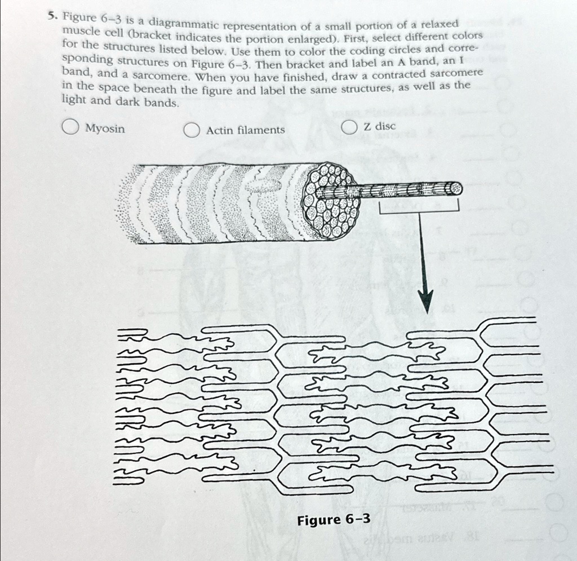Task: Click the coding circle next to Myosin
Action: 70,128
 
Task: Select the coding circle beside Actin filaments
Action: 192,130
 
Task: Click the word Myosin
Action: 105,129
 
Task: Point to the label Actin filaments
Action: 245,130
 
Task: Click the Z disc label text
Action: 380,126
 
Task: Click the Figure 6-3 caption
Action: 334,519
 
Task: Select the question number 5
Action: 51,16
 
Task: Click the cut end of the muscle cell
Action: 332,201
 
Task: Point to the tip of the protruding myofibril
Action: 455,189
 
